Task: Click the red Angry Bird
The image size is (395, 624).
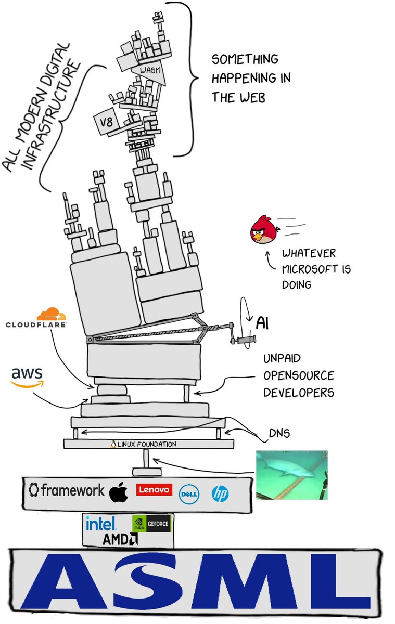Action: tap(263, 230)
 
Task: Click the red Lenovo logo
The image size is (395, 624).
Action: tap(154, 489)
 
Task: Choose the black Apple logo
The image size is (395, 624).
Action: tap(119, 491)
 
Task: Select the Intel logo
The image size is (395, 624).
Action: tap(101, 523)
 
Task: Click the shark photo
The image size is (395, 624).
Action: tap(291, 475)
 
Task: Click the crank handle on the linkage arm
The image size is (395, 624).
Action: tap(245, 341)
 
